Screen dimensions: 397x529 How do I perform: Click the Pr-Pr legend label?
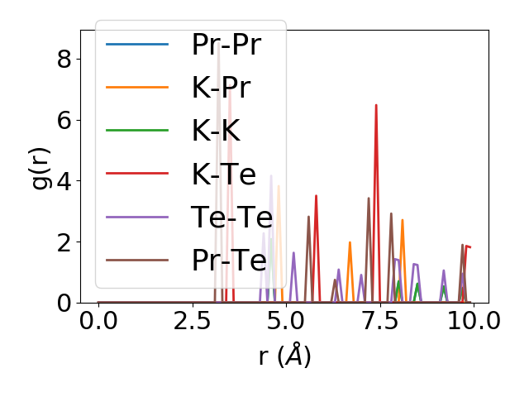pyautogui.click(x=226, y=45)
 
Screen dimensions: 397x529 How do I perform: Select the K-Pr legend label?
pyautogui.click(x=222, y=88)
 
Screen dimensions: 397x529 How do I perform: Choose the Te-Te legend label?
pyautogui.click(x=231, y=217)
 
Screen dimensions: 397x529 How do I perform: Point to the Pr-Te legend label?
pyautogui.click(x=229, y=260)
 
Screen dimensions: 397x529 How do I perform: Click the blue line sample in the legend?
pyautogui.click(x=137, y=45)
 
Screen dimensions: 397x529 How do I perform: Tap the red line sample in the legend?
pyautogui.click(x=137, y=174)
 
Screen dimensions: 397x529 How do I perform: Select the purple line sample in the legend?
pyautogui.click(x=137, y=217)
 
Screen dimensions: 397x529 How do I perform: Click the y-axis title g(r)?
pyautogui.click(x=41, y=166)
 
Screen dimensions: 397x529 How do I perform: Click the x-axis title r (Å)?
pyautogui.click(x=284, y=356)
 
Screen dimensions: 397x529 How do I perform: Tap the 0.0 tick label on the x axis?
pyautogui.click(x=98, y=321)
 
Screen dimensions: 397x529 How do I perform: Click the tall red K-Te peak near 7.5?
pyautogui.click(x=376, y=106)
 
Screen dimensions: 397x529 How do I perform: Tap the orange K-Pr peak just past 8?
pyautogui.click(x=403, y=221)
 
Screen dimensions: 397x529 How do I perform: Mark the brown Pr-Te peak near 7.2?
pyautogui.click(x=369, y=198)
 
